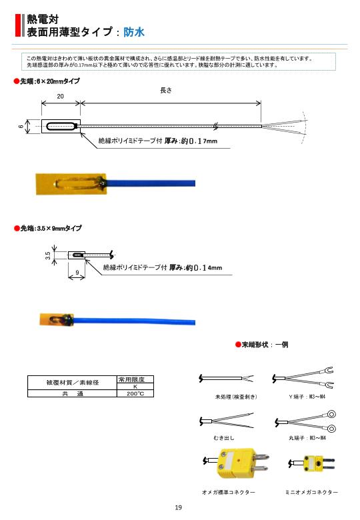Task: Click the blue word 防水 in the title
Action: pos(134,31)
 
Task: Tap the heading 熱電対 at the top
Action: pos(42,19)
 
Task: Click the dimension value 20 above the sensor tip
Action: pos(61,96)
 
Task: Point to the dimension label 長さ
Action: pos(166,91)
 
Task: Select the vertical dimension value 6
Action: pos(21,126)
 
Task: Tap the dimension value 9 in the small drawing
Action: pos(77,273)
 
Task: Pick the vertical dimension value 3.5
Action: pos(48,255)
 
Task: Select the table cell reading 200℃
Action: pos(135,394)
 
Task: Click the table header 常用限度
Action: pos(135,379)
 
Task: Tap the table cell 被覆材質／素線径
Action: pos(72,383)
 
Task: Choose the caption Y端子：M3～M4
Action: pos(307,397)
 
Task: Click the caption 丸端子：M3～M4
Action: pos(307,438)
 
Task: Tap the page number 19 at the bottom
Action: pos(178,508)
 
